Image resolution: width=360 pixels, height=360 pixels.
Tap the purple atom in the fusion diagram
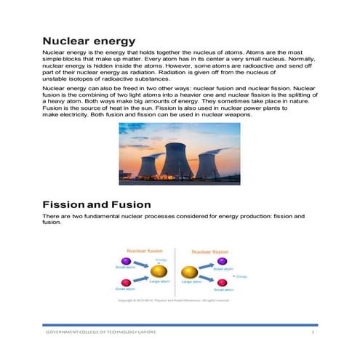[126, 260]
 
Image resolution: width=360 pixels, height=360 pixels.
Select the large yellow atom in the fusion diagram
[159, 272]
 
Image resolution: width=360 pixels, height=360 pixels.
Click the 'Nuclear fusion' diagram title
[145, 250]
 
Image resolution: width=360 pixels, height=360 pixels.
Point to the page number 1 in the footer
[313, 332]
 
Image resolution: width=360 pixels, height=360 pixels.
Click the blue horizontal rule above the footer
[179, 324]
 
